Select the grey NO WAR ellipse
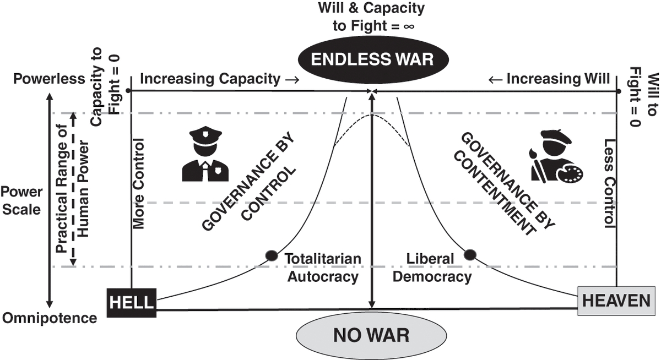[x=371, y=335]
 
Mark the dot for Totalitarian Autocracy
[x=271, y=255]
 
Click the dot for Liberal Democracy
[x=470, y=254]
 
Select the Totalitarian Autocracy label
[x=323, y=268]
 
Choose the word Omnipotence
[x=50, y=318]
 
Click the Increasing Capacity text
[x=219, y=79]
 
